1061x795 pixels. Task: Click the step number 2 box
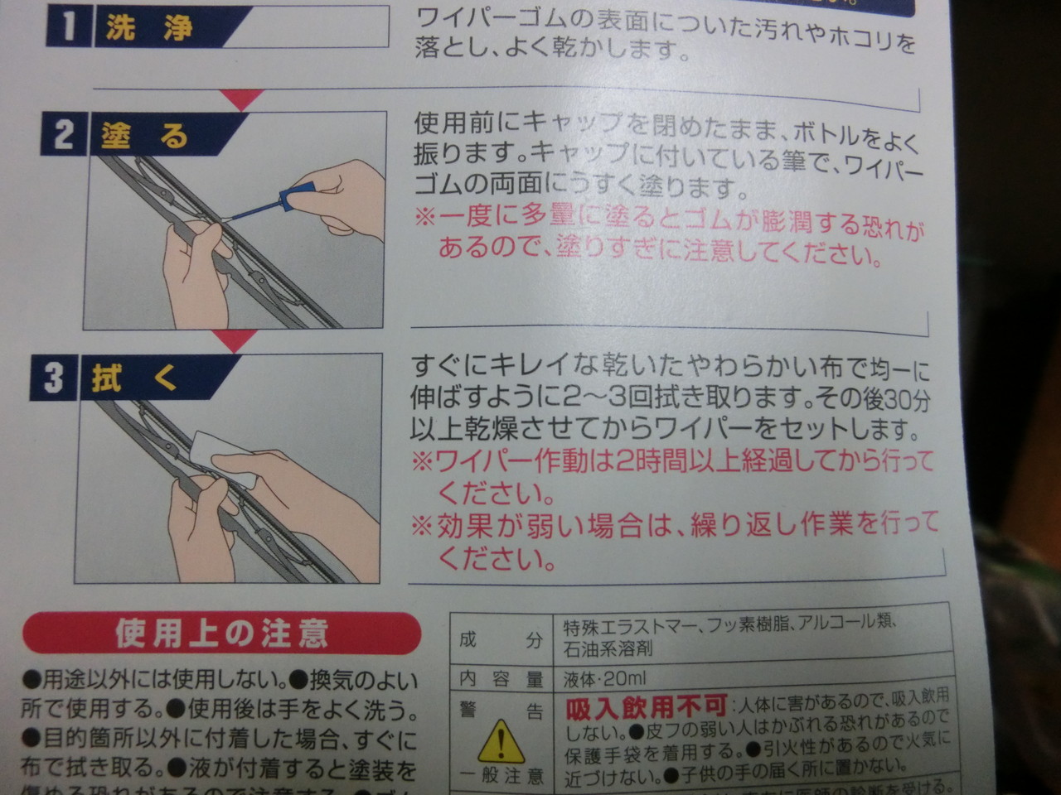[63, 134]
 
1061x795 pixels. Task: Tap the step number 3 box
[53, 378]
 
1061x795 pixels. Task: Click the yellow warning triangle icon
[501, 741]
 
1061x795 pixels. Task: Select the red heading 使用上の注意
[222, 634]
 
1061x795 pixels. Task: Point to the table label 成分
[501, 639]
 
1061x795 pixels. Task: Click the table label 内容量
[501, 680]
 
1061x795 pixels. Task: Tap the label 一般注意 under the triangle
[501, 776]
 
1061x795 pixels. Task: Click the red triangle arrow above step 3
[235, 340]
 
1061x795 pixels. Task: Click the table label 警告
[501, 711]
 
